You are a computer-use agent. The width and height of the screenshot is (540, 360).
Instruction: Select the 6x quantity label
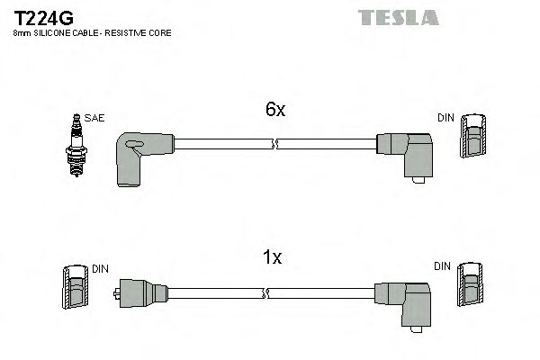tap(274, 110)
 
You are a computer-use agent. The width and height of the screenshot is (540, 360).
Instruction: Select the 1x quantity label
tap(273, 258)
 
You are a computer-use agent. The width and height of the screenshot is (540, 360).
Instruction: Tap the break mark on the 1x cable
tap(266, 293)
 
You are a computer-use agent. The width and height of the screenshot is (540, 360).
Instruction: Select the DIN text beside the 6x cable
tap(445, 118)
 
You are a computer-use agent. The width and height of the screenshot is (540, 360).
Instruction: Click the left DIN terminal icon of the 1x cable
tap(76, 290)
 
